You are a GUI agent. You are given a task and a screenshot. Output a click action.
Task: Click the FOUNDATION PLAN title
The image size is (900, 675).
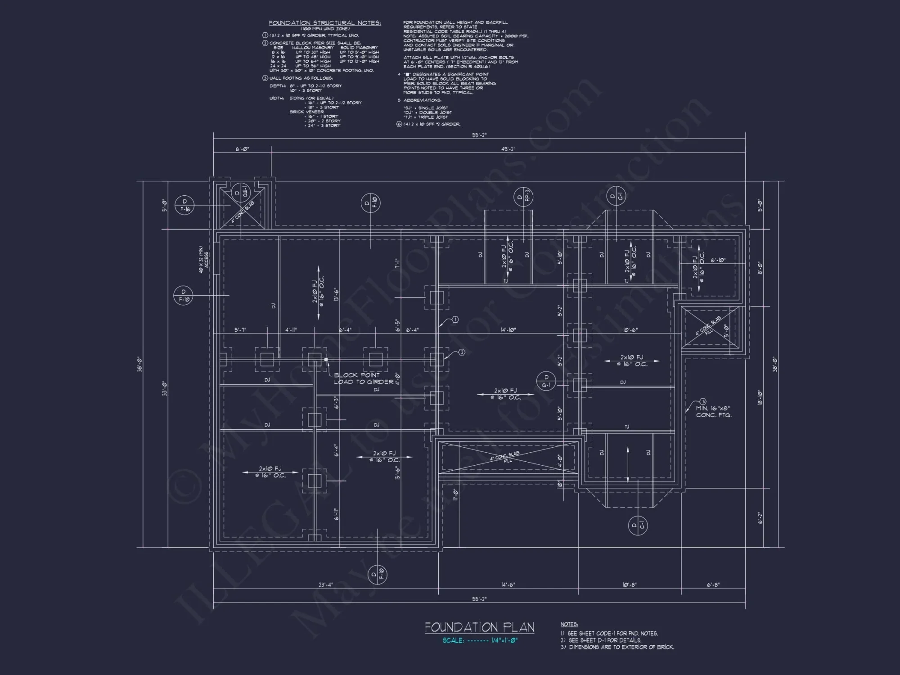479,627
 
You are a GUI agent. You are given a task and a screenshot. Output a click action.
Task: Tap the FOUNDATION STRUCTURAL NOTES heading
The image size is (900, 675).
325,23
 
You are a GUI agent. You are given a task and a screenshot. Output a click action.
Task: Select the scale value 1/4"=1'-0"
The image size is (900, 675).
504,640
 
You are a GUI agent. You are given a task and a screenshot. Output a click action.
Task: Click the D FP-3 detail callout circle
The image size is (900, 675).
523,197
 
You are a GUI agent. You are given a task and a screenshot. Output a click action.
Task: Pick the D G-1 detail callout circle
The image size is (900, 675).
547,381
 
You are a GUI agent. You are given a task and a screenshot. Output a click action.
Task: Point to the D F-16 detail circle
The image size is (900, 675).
184,205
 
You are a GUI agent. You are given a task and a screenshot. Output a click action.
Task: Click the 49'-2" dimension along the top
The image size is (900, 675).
508,149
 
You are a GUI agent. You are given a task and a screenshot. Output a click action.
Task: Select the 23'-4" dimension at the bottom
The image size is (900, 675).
325,585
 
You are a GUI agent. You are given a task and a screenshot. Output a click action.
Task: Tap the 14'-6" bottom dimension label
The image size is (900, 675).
508,585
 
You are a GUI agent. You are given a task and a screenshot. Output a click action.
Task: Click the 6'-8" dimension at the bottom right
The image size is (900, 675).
713,585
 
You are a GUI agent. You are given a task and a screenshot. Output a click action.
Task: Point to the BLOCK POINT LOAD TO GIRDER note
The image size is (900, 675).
363,378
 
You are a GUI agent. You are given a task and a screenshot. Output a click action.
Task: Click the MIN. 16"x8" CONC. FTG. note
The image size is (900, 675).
714,411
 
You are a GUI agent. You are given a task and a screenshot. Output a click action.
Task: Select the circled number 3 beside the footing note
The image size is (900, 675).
702,401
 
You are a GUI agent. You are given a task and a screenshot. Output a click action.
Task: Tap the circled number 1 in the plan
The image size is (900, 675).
455,319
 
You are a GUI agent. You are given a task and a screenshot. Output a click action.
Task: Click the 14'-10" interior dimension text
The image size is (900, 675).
508,330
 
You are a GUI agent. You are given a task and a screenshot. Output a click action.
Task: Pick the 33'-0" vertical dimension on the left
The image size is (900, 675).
164,388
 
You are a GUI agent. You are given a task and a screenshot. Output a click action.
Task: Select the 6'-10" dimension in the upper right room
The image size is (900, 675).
718,260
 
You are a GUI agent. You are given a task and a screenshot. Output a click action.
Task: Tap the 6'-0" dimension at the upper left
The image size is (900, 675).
242,149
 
